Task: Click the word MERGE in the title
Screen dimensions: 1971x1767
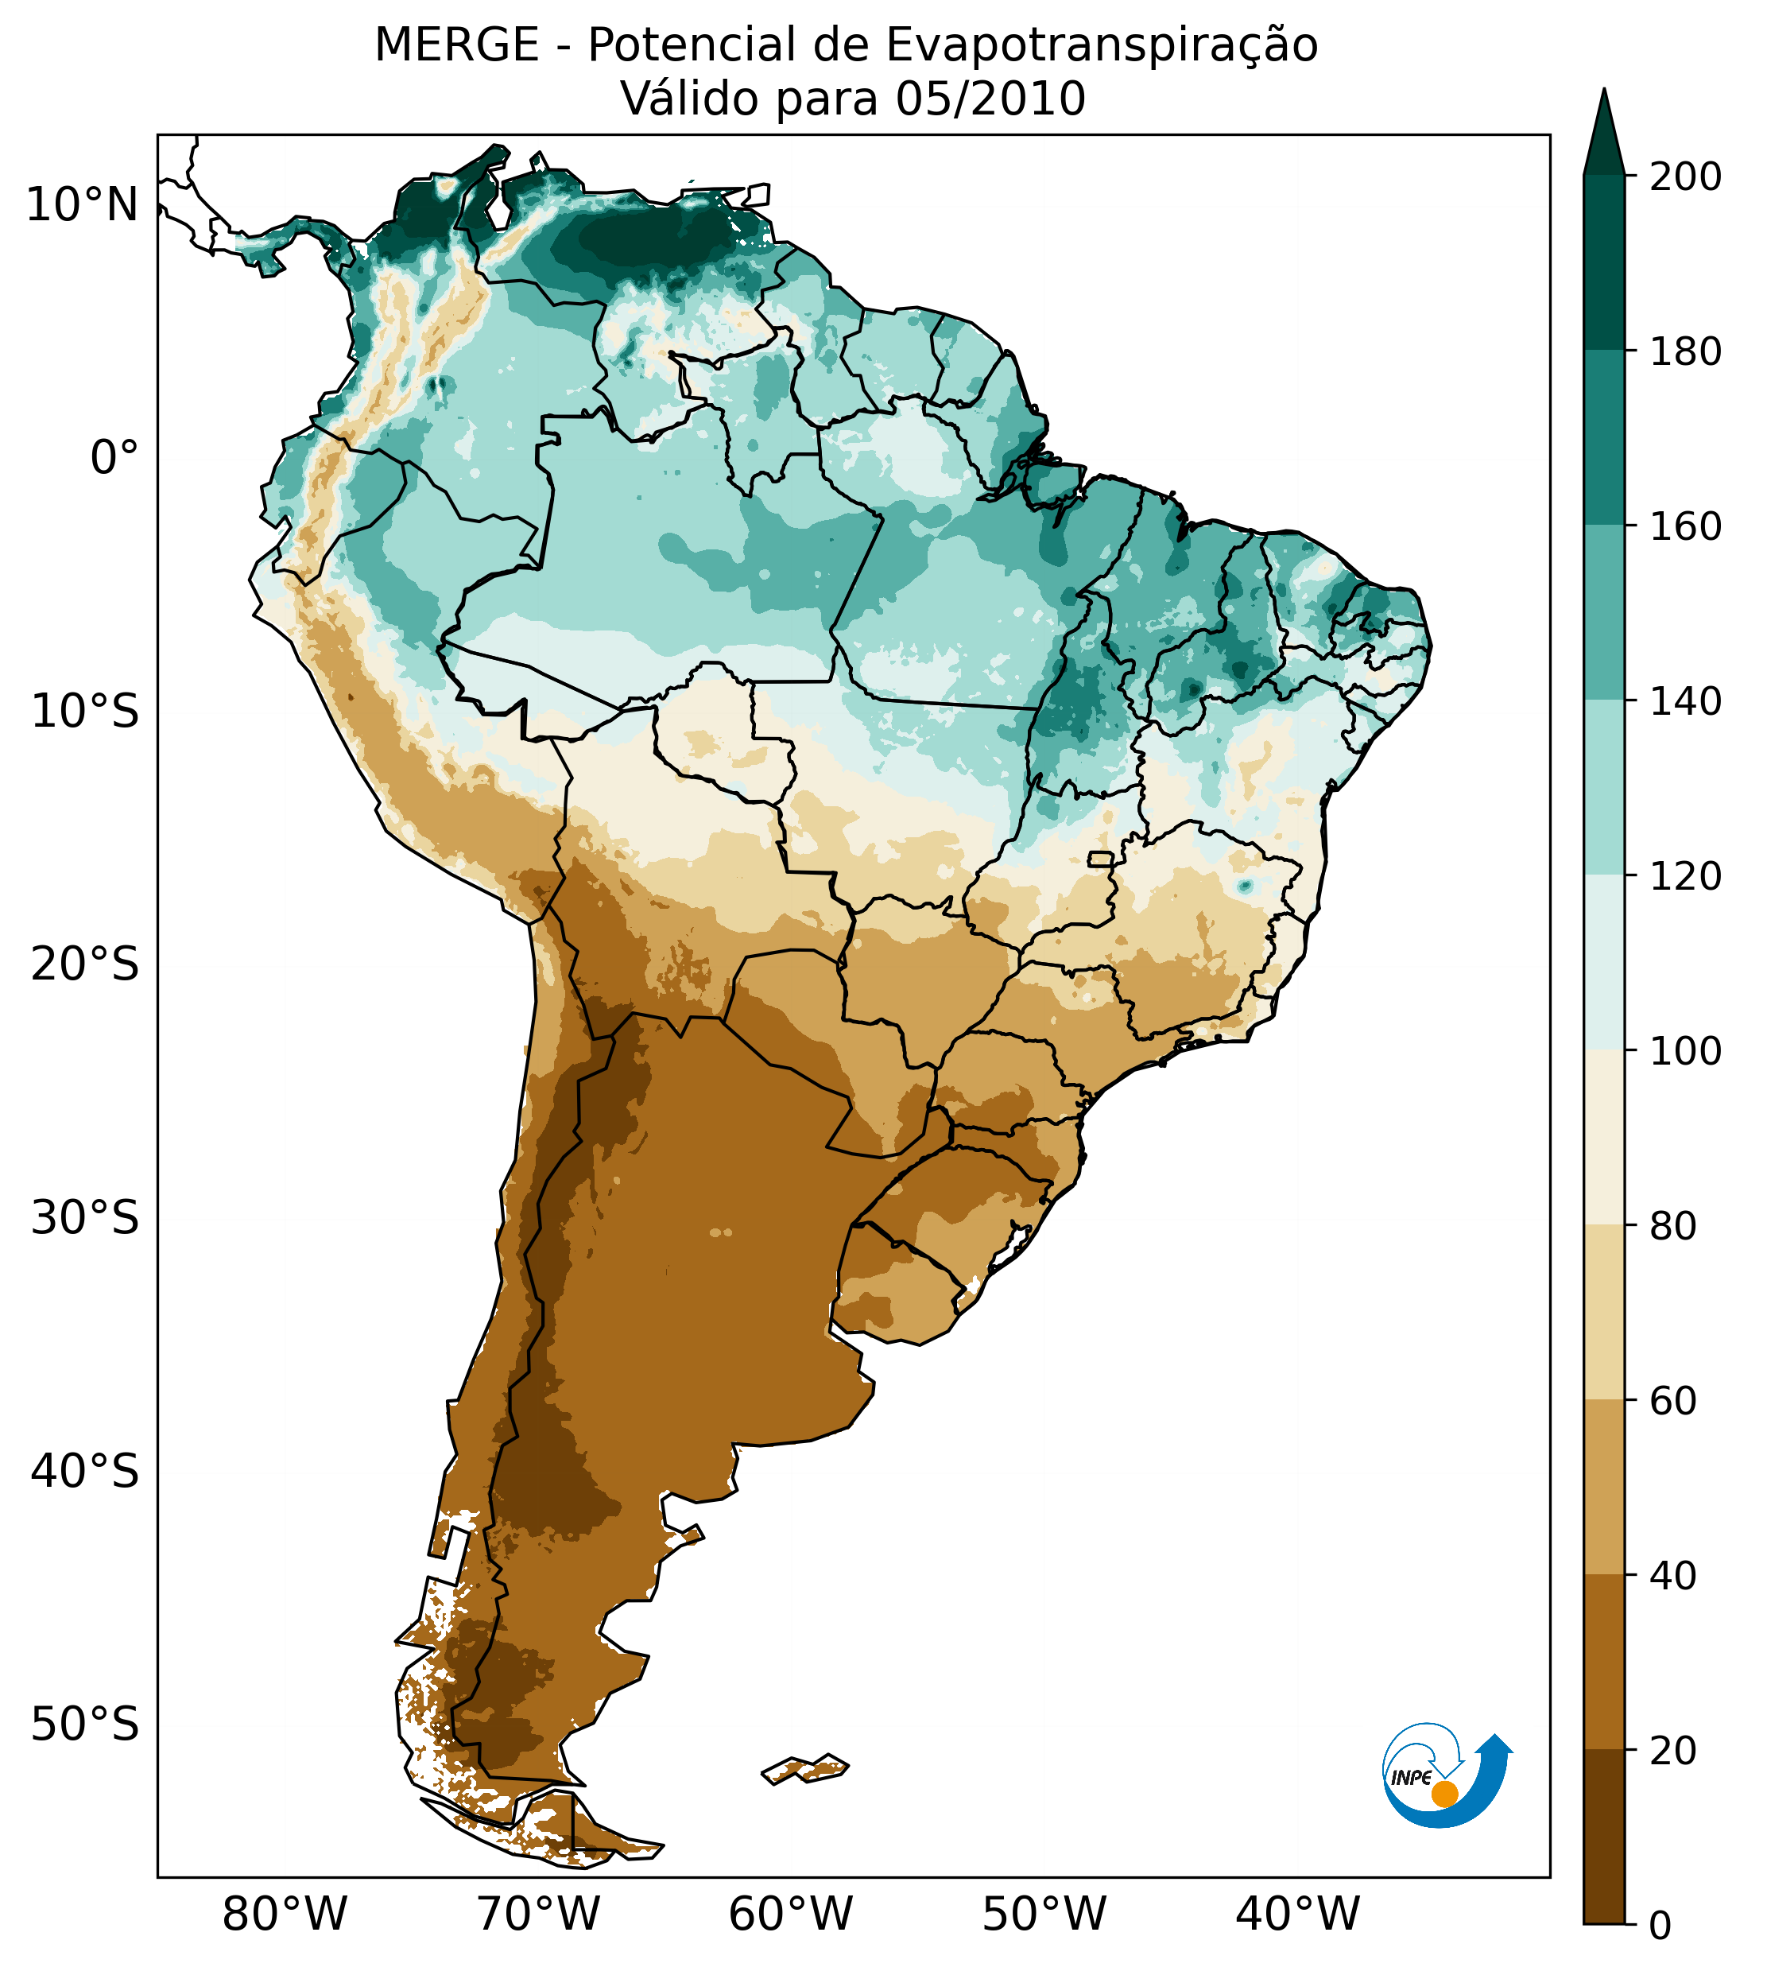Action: (456, 45)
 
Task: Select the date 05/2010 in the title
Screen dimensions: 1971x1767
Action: (990, 99)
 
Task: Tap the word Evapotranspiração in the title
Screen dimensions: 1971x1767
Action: (1101, 45)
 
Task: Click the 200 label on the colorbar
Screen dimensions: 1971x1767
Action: (1685, 177)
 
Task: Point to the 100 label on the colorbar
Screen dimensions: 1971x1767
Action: (1685, 1052)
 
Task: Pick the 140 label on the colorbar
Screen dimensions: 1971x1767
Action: (1685, 702)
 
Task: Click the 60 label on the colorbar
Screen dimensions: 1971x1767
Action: (1673, 1401)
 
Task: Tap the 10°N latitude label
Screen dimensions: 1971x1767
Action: (83, 206)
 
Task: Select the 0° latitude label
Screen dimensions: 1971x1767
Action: (114, 458)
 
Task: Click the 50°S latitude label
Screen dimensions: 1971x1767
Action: (85, 1725)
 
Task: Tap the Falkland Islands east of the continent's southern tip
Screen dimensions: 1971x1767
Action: (806, 1768)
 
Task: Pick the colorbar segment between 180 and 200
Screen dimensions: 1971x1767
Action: (1604, 262)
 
